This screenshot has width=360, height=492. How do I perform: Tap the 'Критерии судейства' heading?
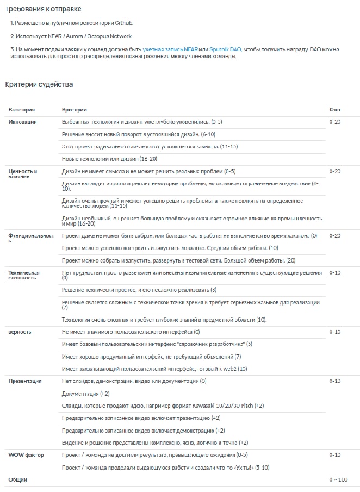(x=39, y=84)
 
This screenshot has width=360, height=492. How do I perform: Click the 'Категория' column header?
(x=22, y=110)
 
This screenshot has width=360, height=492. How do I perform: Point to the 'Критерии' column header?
(x=75, y=110)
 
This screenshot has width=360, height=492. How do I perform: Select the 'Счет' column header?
(x=335, y=110)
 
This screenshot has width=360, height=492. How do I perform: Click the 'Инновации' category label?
(x=22, y=122)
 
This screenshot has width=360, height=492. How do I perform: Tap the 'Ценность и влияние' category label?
(x=23, y=174)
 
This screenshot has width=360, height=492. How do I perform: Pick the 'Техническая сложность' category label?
(x=24, y=275)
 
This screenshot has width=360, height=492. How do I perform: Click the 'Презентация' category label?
(x=25, y=381)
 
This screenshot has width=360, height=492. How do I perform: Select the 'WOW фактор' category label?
(x=26, y=454)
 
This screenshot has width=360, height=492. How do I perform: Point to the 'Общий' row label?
(x=18, y=479)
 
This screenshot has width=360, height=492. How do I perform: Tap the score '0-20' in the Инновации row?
(x=335, y=122)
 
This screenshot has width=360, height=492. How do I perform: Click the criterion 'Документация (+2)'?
(x=86, y=393)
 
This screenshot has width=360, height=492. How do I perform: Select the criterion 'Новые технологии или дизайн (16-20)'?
(x=109, y=159)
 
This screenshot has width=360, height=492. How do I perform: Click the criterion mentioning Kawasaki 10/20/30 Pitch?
(x=163, y=406)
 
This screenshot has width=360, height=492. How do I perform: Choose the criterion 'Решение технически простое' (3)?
(x=139, y=290)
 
